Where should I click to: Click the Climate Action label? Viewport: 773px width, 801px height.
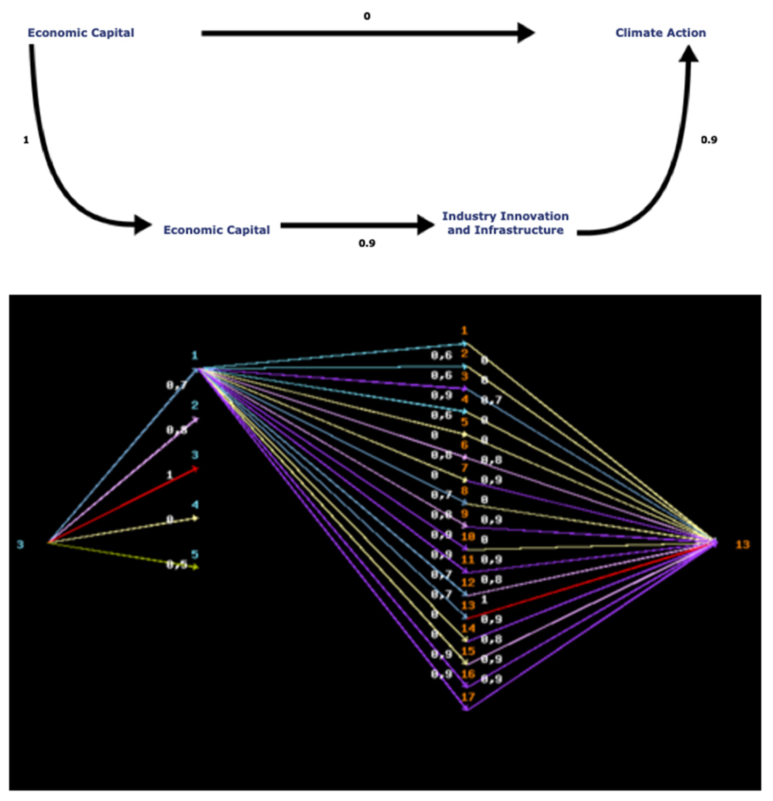pyautogui.click(x=660, y=33)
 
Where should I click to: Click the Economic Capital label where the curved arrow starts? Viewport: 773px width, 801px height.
pyautogui.click(x=81, y=33)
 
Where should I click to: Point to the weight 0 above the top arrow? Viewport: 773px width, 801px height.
pyautogui.click(x=367, y=16)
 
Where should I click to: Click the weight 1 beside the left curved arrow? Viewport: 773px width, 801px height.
pyautogui.click(x=26, y=140)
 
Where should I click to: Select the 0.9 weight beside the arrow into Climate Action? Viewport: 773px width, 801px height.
pyautogui.click(x=709, y=140)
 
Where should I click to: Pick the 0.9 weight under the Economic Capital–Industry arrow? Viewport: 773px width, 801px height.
pyautogui.click(x=367, y=243)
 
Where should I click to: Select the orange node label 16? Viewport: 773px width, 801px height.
pyautogui.click(x=468, y=674)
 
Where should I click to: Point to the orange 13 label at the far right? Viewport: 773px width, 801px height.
pyautogui.click(x=743, y=544)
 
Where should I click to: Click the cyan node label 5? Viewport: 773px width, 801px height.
pyautogui.click(x=195, y=555)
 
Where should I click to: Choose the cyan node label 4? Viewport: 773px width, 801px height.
pyautogui.click(x=195, y=505)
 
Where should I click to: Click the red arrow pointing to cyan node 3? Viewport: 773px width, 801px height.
pyautogui.click(x=122, y=506)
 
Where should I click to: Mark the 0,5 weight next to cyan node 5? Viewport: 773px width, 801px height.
pyautogui.click(x=176, y=565)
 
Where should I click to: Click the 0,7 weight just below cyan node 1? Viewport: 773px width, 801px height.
pyautogui.click(x=176, y=385)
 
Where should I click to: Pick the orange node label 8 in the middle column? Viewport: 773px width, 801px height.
pyautogui.click(x=465, y=491)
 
